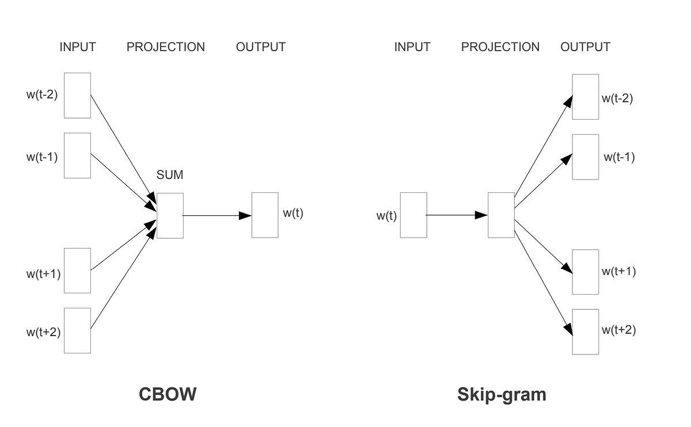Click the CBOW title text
(x=168, y=394)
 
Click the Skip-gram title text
(x=502, y=394)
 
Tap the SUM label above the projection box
(x=170, y=175)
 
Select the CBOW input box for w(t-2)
(x=77, y=96)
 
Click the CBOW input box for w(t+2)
(x=77, y=330)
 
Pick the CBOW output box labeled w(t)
(x=265, y=215)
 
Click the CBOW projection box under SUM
(x=170, y=215)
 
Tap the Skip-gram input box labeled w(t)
(x=413, y=215)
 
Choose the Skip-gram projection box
(x=501, y=215)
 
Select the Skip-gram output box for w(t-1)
(x=585, y=157)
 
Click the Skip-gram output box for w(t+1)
(x=585, y=272)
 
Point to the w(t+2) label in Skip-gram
(x=618, y=330)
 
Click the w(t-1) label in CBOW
(x=42, y=157)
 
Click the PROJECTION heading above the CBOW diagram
(x=166, y=47)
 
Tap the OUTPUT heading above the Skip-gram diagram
(x=585, y=47)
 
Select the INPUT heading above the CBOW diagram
(x=77, y=47)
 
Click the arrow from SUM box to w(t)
(x=216, y=215)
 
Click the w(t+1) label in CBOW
(x=43, y=274)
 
